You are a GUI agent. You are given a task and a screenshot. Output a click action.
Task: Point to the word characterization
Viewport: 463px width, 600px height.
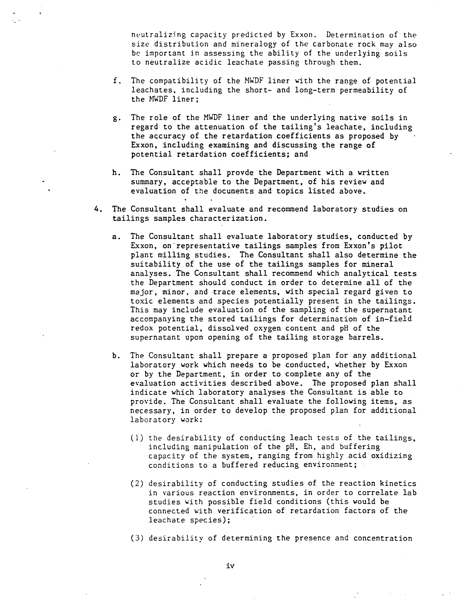pos(228,219)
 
